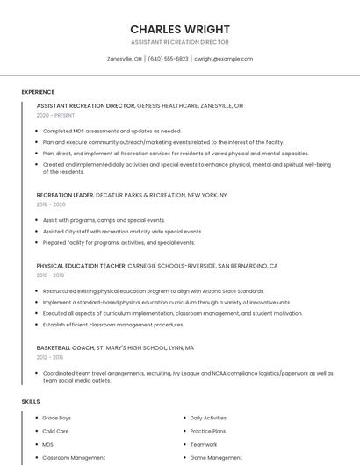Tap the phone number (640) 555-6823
[168, 59]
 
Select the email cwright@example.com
[223, 59]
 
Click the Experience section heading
[38, 92]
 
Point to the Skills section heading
[31, 401]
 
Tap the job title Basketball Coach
[65, 347]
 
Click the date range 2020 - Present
[55, 115]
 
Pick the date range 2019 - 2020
[51, 204]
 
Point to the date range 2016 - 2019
[50, 275]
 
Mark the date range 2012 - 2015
[50, 357]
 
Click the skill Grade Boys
[57, 418]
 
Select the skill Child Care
[55, 431]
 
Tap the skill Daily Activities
[208, 418]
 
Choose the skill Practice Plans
[208, 431]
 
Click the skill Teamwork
[204, 444]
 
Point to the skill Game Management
[216, 457]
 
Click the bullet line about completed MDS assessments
[112, 131]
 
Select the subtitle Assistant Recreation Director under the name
[179, 42]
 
